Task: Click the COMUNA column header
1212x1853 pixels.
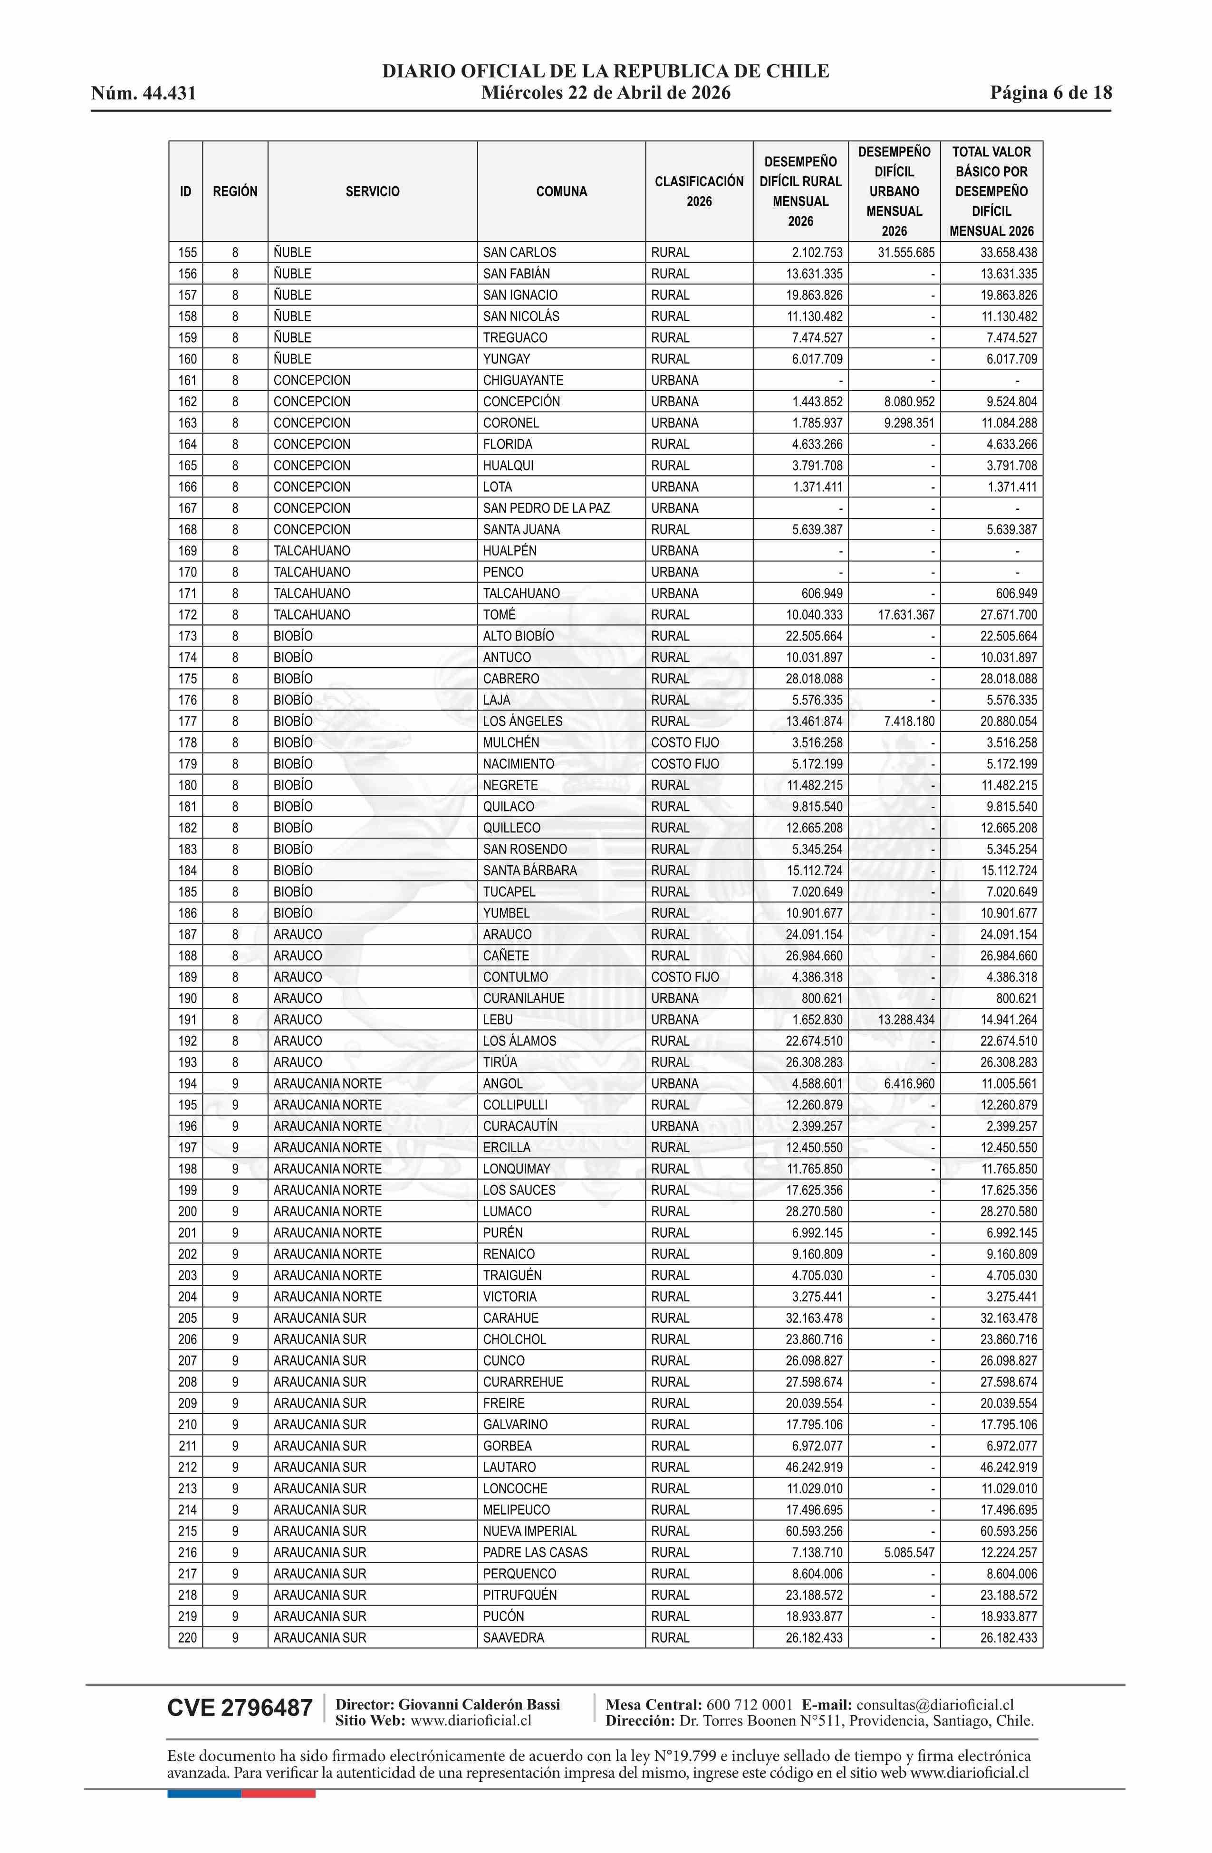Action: point(561,191)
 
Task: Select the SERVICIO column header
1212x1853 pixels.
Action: point(372,191)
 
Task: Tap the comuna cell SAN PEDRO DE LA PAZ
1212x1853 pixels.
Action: point(546,508)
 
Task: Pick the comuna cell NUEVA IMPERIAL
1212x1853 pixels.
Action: point(529,1531)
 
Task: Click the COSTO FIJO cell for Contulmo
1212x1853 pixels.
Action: point(685,977)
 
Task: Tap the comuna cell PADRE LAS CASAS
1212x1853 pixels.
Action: point(535,1552)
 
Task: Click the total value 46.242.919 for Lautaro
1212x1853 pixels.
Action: point(1008,1468)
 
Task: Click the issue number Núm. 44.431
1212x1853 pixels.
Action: point(144,94)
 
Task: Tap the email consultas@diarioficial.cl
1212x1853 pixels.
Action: point(935,1705)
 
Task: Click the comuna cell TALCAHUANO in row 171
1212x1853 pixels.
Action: point(521,594)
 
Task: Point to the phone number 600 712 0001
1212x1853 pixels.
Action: point(750,1705)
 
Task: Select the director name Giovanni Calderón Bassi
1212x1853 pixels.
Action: point(479,1705)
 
